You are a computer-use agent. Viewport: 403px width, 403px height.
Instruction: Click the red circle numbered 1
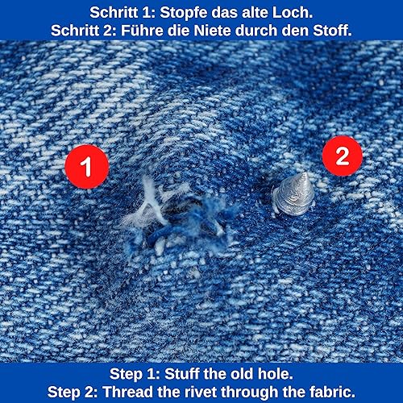[87, 167]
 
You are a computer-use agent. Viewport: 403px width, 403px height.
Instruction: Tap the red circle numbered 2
[343, 156]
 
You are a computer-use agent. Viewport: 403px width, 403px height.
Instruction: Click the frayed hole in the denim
[177, 218]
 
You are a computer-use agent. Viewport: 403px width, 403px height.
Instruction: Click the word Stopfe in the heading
[184, 13]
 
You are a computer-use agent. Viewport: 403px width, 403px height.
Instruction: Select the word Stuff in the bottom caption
[182, 374]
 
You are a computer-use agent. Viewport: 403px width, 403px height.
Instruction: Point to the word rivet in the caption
[197, 392]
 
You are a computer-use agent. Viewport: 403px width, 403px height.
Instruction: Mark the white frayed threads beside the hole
[147, 204]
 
